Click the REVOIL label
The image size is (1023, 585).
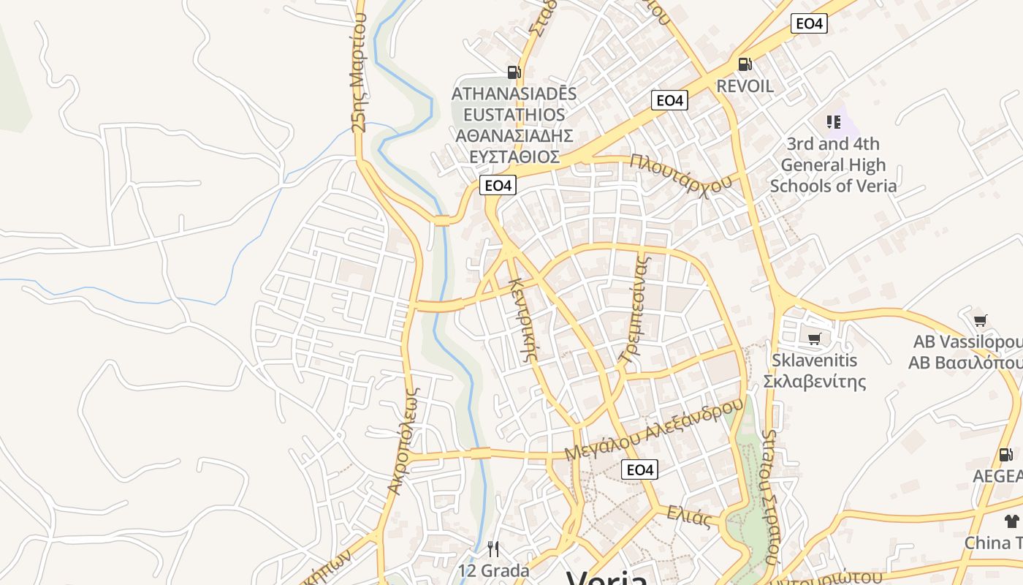[745, 86]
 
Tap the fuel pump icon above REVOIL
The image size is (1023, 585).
[745, 64]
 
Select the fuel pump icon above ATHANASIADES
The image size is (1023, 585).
[514, 72]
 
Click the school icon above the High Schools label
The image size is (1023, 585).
[833, 121]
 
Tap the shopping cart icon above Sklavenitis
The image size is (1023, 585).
[815, 339]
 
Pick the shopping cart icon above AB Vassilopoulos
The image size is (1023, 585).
[980, 320]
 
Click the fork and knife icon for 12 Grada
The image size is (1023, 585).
[493, 548]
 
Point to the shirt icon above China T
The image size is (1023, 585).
[1011, 521]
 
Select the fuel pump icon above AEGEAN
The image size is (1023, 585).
[1006, 455]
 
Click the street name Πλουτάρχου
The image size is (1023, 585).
[680, 174]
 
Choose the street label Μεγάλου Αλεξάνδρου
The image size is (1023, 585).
[654, 430]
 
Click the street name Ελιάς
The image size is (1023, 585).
[689, 516]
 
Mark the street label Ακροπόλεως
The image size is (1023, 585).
[404, 441]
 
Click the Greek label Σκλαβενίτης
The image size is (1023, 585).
[815, 381]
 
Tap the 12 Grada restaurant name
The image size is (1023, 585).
[493, 570]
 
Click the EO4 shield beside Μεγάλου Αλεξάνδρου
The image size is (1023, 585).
[639, 469]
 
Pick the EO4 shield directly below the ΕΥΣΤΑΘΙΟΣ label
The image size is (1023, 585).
[498, 185]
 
